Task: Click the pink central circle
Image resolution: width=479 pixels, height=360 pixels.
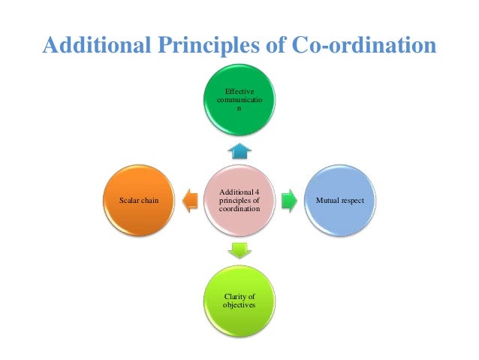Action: (x=239, y=201)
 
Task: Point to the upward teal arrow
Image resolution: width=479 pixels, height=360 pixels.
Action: (x=239, y=150)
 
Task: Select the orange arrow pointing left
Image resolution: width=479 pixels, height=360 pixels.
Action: (x=190, y=201)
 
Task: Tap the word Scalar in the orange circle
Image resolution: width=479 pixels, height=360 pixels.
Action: (x=131, y=201)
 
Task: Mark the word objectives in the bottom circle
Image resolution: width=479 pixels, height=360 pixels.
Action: (x=239, y=307)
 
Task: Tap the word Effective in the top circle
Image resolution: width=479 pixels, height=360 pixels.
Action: (x=239, y=91)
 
